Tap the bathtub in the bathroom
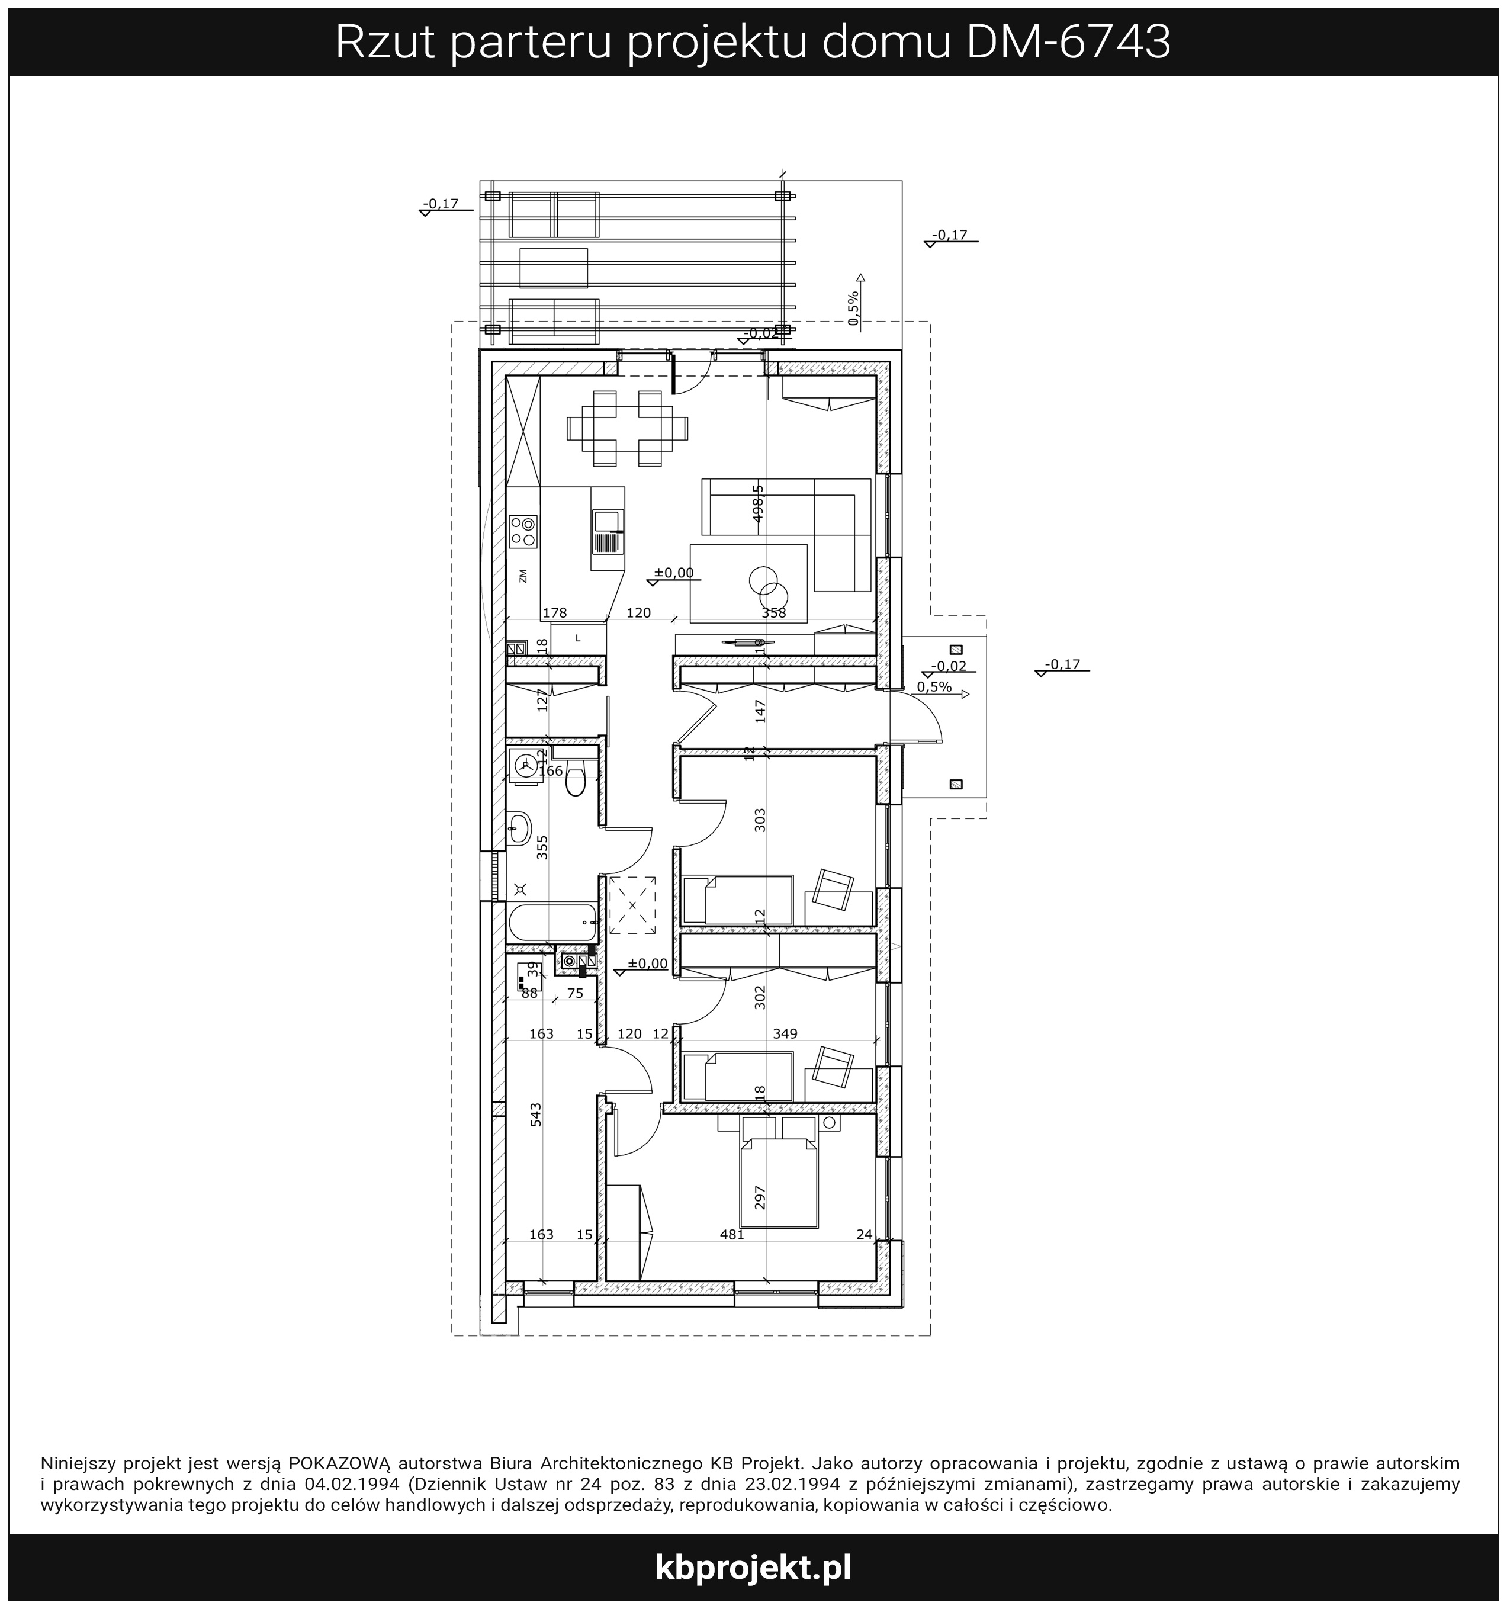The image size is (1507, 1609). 554,921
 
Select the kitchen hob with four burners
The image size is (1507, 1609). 523,531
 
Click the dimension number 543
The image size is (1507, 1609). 536,1115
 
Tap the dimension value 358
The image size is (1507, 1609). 774,613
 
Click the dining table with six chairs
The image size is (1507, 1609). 628,428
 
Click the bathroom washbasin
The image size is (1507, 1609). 519,827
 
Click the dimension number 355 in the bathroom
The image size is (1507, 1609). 542,847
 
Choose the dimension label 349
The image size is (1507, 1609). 785,1033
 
